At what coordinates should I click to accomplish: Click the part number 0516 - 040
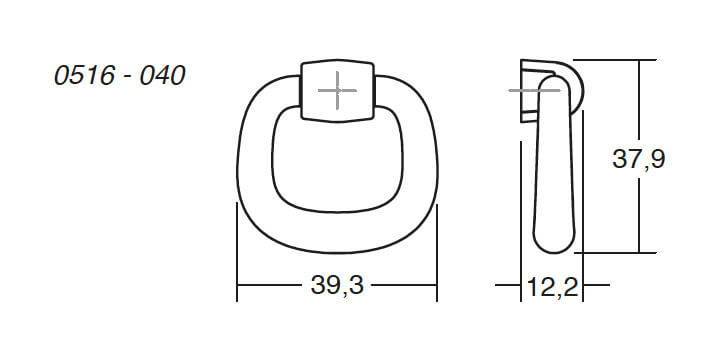coord(120,76)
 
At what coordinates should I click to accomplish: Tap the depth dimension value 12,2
coord(551,288)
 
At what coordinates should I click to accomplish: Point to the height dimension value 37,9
coord(638,157)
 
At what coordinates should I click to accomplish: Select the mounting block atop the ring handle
coord(338,90)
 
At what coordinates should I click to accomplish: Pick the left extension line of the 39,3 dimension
coord(237,250)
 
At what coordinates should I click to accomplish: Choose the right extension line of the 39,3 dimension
coord(437,250)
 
